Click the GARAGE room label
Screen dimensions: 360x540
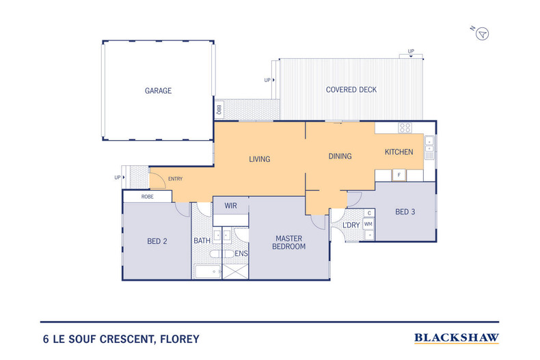click(x=158, y=90)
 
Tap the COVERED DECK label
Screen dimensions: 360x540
click(x=351, y=89)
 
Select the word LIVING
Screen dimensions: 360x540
click(x=259, y=159)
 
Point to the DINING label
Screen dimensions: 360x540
click(x=340, y=156)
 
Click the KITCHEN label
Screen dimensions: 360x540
click(x=399, y=152)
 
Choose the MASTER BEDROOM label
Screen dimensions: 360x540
click(x=290, y=242)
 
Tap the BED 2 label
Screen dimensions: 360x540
click(x=158, y=241)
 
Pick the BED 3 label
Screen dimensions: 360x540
click(x=405, y=212)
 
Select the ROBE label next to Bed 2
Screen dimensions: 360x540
click(x=147, y=197)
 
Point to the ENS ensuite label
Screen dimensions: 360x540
click(x=241, y=253)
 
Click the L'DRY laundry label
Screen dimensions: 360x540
click(x=351, y=225)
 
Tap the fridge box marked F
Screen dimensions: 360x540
click(x=399, y=176)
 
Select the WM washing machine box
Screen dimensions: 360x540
click(x=368, y=224)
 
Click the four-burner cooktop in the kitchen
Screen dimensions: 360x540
click(x=405, y=127)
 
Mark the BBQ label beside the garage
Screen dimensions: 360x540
click(x=219, y=109)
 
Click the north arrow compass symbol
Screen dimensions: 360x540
click(x=483, y=33)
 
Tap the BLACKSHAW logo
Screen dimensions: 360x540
click(x=457, y=337)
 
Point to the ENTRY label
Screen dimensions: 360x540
click(x=175, y=179)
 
